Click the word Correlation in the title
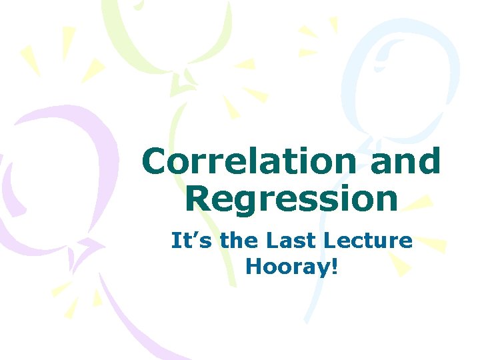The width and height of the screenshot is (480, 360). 251,162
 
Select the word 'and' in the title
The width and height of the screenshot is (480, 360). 405,162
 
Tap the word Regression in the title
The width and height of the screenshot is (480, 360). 291,199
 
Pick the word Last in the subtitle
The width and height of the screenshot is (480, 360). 297,240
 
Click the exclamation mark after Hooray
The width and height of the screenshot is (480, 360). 335,266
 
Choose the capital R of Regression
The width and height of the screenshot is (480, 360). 198,199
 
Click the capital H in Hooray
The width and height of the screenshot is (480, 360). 253,266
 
